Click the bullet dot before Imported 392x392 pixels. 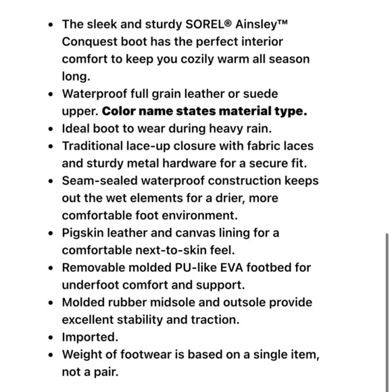click(x=51, y=337)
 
